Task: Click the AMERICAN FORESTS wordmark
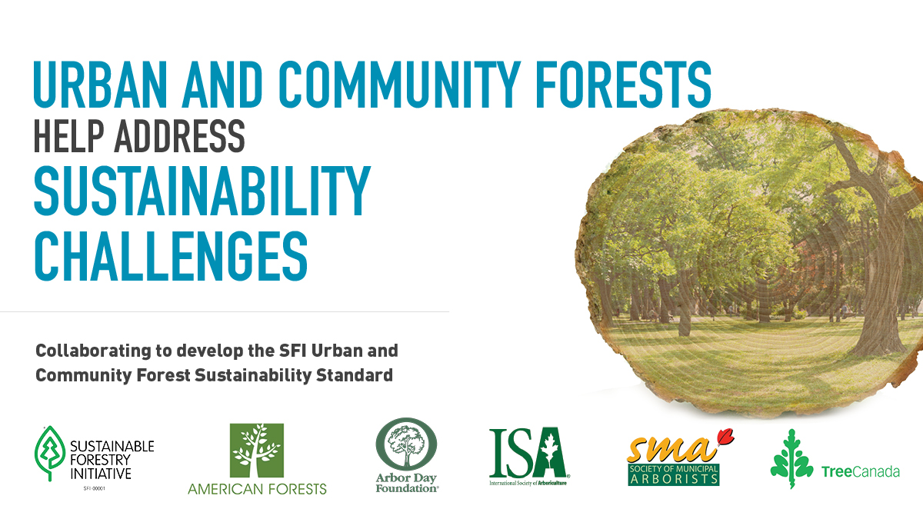(x=257, y=488)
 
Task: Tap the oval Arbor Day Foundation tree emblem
(x=407, y=447)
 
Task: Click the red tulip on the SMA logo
(x=723, y=438)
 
